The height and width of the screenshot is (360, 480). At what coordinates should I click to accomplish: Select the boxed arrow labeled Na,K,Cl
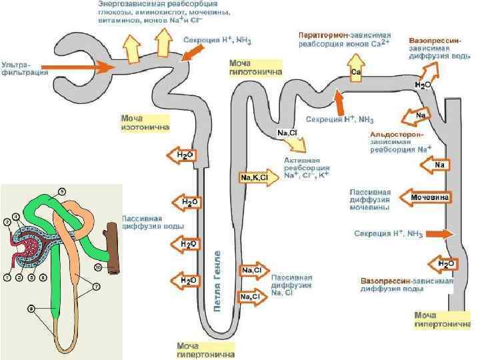(x=254, y=177)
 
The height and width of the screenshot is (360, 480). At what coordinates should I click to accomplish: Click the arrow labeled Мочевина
(x=425, y=197)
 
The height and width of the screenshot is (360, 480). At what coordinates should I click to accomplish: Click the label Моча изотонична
(x=145, y=122)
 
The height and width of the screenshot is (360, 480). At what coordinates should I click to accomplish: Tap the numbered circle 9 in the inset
(x=62, y=191)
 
